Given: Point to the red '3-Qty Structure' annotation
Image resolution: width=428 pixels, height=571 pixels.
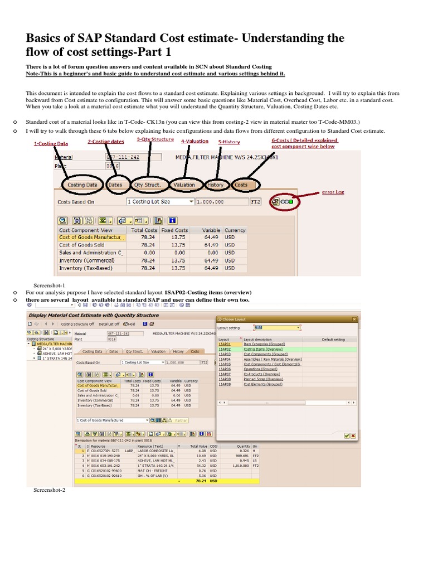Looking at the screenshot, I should click(x=155, y=139).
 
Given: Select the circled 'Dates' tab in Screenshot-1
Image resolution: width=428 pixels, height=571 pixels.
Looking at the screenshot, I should click(x=115, y=185).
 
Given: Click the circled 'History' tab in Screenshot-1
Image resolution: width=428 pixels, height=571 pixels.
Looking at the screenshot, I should click(x=215, y=185).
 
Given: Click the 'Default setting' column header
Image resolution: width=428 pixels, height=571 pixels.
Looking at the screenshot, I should click(x=333, y=339).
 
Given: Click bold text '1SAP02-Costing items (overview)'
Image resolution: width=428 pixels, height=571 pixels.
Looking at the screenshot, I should click(x=208, y=292).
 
